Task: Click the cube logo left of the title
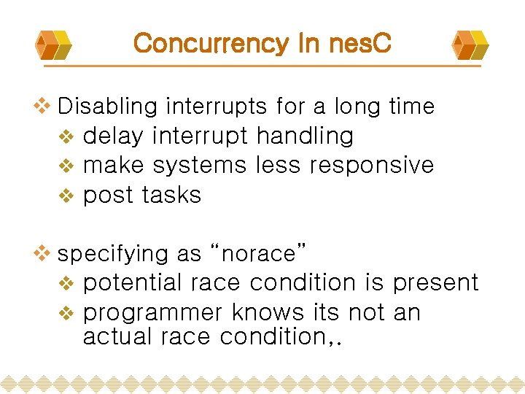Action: [x=55, y=45]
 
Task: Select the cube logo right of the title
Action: [x=470, y=45]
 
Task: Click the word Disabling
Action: [x=107, y=107]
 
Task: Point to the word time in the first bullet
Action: [x=411, y=107]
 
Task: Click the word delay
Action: [x=116, y=136]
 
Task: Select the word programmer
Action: [x=152, y=313]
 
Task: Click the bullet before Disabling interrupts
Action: [x=43, y=107]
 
